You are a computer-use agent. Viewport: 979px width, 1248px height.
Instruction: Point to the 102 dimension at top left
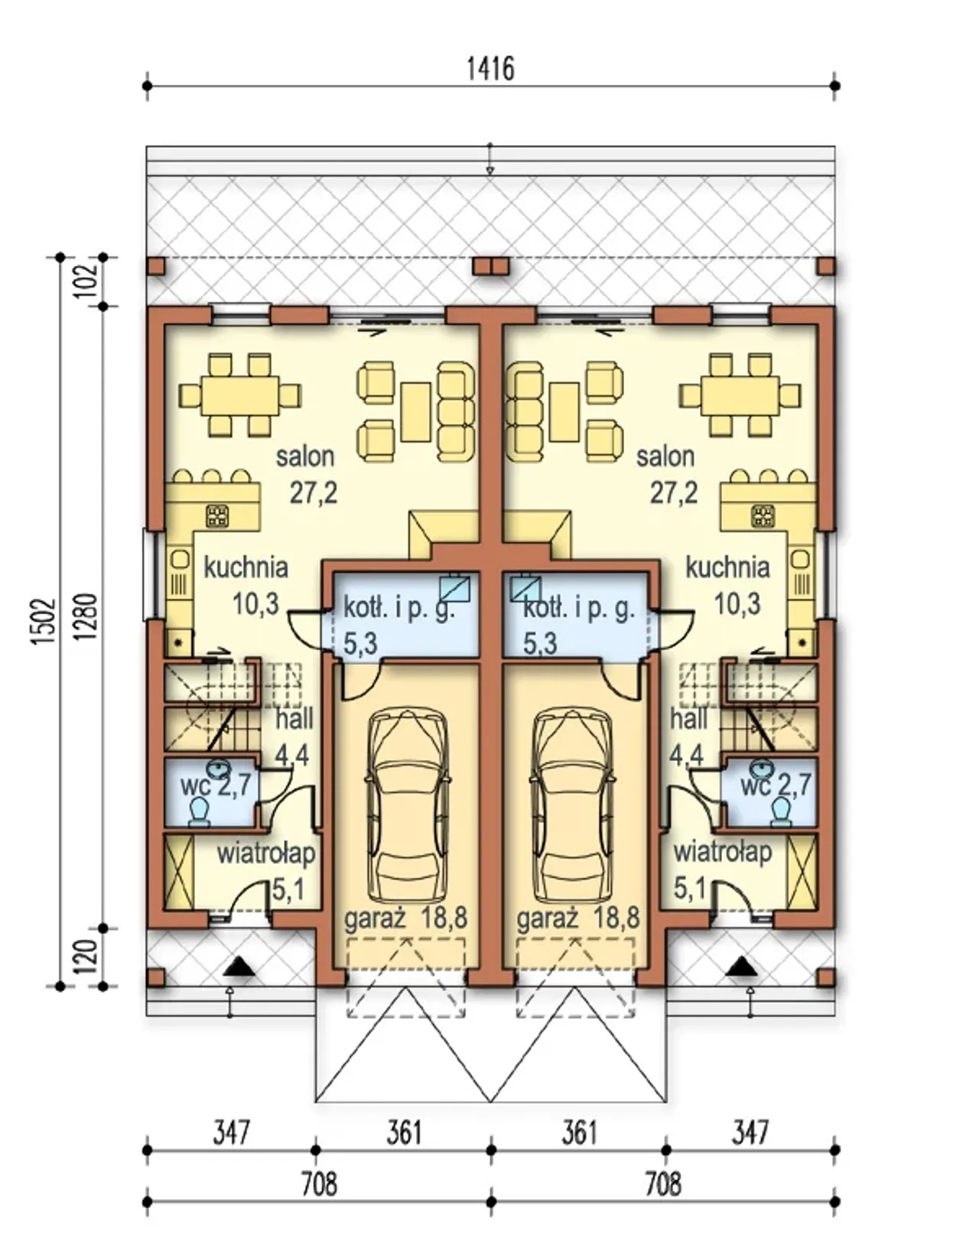tap(87, 281)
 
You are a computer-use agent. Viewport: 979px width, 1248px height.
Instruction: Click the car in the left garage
tap(407, 805)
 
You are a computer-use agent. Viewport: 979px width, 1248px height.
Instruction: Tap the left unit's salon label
tap(305, 457)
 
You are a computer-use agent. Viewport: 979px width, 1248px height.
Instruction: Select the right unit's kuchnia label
tap(727, 568)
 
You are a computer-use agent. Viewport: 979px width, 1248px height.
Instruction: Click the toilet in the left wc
tap(200, 811)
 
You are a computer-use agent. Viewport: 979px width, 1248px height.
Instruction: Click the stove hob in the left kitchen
tap(218, 515)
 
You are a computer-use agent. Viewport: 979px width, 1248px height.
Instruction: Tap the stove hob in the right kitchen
tap(763, 515)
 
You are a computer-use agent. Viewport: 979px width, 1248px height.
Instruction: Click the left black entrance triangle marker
tap(239, 967)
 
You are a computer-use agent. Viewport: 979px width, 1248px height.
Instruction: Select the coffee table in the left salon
tap(415, 411)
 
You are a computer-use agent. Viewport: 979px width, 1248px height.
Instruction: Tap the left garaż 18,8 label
tap(406, 918)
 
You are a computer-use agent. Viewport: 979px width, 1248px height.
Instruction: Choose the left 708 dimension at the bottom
tap(319, 1185)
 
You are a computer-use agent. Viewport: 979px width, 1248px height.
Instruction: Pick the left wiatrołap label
tap(266, 854)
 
